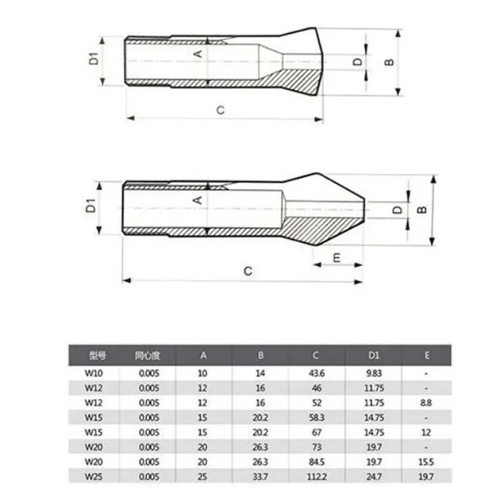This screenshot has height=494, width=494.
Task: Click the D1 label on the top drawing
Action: pos(94,59)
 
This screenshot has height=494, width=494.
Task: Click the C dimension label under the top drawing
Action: pos(220,111)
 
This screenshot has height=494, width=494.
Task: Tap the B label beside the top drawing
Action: pos(390,62)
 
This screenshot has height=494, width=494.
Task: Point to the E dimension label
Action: pos(337,258)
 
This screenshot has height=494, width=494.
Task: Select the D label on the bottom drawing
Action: pos(398,210)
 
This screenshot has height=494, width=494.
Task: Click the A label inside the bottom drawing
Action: pos(198,199)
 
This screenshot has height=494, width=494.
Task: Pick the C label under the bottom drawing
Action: pos(248,271)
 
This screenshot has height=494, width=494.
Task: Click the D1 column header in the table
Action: pos(374,356)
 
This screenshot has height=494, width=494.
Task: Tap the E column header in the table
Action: pos(427,356)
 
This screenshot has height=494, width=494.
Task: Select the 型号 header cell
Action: pos(98,356)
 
